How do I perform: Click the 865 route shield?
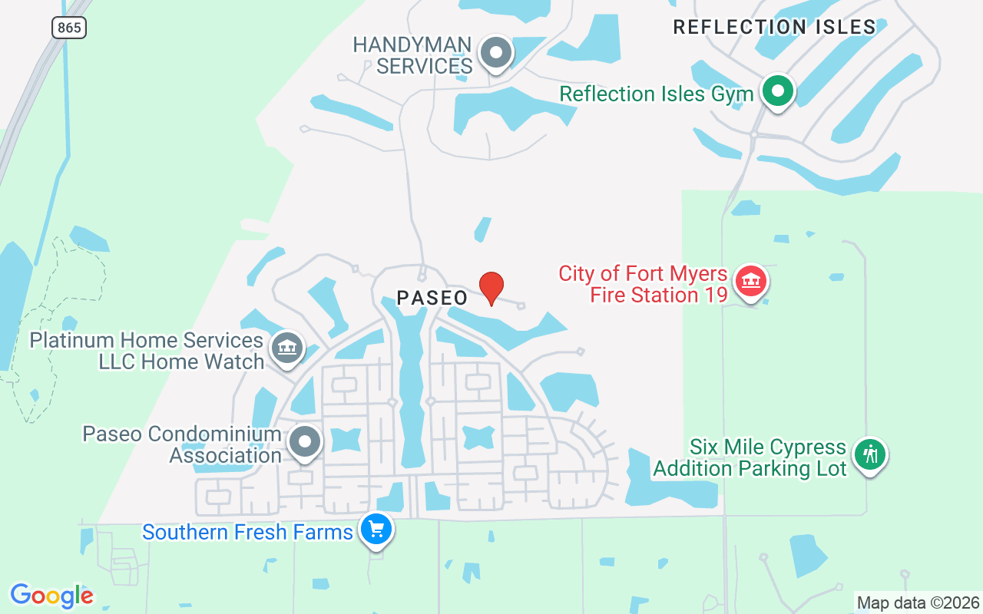click(69, 28)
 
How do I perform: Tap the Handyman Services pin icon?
click(495, 53)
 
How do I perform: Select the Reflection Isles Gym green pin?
click(777, 91)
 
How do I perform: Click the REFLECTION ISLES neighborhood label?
click(774, 28)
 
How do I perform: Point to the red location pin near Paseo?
click(491, 288)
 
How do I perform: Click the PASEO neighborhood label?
click(432, 299)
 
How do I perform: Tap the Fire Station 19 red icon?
click(751, 282)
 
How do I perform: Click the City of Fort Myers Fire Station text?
click(643, 284)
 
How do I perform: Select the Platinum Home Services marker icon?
click(286, 348)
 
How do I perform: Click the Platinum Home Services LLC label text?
click(147, 351)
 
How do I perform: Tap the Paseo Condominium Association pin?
click(305, 442)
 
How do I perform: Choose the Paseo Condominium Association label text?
click(182, 444)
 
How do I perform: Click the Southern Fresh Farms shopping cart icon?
click(376, 529)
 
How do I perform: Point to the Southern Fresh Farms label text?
click(247, 532)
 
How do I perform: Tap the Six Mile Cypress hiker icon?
click(869, 454)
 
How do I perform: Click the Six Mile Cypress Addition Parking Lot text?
click(750, 457)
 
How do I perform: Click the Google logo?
click(51, 596)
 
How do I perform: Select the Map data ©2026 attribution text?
click(918, 602)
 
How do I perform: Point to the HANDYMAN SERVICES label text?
click(412, 55)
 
